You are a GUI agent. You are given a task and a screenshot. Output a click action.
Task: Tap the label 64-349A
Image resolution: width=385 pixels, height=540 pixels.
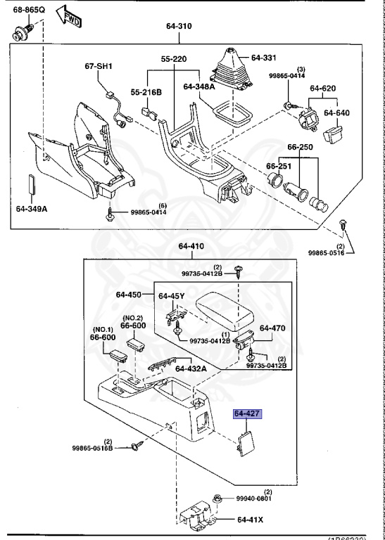[32, 208]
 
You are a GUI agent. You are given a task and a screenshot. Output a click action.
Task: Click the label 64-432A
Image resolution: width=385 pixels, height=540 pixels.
[191, 368]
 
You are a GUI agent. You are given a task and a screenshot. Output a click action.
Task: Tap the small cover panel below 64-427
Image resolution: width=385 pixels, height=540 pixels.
[246, 443]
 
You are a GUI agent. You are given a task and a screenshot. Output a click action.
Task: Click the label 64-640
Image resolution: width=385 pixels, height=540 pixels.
[336, 112]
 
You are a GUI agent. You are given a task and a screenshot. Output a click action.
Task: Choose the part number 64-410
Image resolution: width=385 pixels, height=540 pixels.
[191, 247]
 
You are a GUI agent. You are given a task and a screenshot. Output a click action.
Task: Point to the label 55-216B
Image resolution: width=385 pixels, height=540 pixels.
[146, 92]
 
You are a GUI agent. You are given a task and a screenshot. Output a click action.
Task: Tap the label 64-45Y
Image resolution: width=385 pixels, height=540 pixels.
[172, 296]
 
